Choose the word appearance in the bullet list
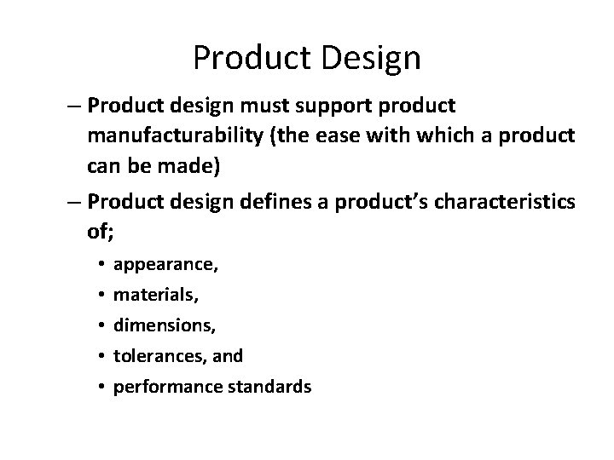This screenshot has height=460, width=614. (165, 265)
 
